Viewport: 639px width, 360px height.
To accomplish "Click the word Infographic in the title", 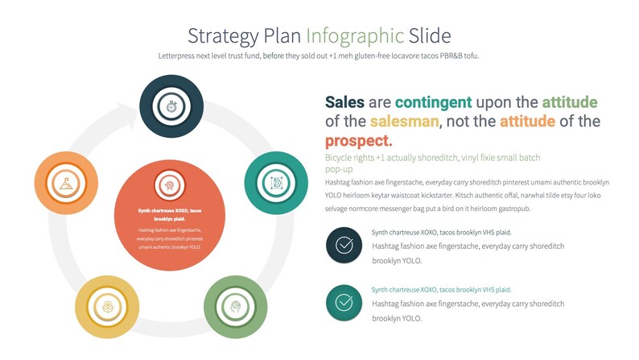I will tap(354, 35).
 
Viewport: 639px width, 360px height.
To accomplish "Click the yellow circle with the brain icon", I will tap(107, 307).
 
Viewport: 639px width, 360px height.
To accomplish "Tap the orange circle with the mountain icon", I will tap(67, 183).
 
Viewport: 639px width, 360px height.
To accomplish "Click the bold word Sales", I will tap(344, 102).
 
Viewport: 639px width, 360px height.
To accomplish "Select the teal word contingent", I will tap(433, 102).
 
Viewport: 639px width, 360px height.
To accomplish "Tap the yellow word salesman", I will tap(405, 122).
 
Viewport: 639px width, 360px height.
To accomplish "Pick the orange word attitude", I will tap(527, 122).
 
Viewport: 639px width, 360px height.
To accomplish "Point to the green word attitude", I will tap(569, 102).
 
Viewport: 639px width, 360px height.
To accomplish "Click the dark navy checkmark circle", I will tap(344, 245).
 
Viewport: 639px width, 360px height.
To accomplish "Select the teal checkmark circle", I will tap(344, 302).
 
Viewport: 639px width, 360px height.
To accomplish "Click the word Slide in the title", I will tap(430, 35).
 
